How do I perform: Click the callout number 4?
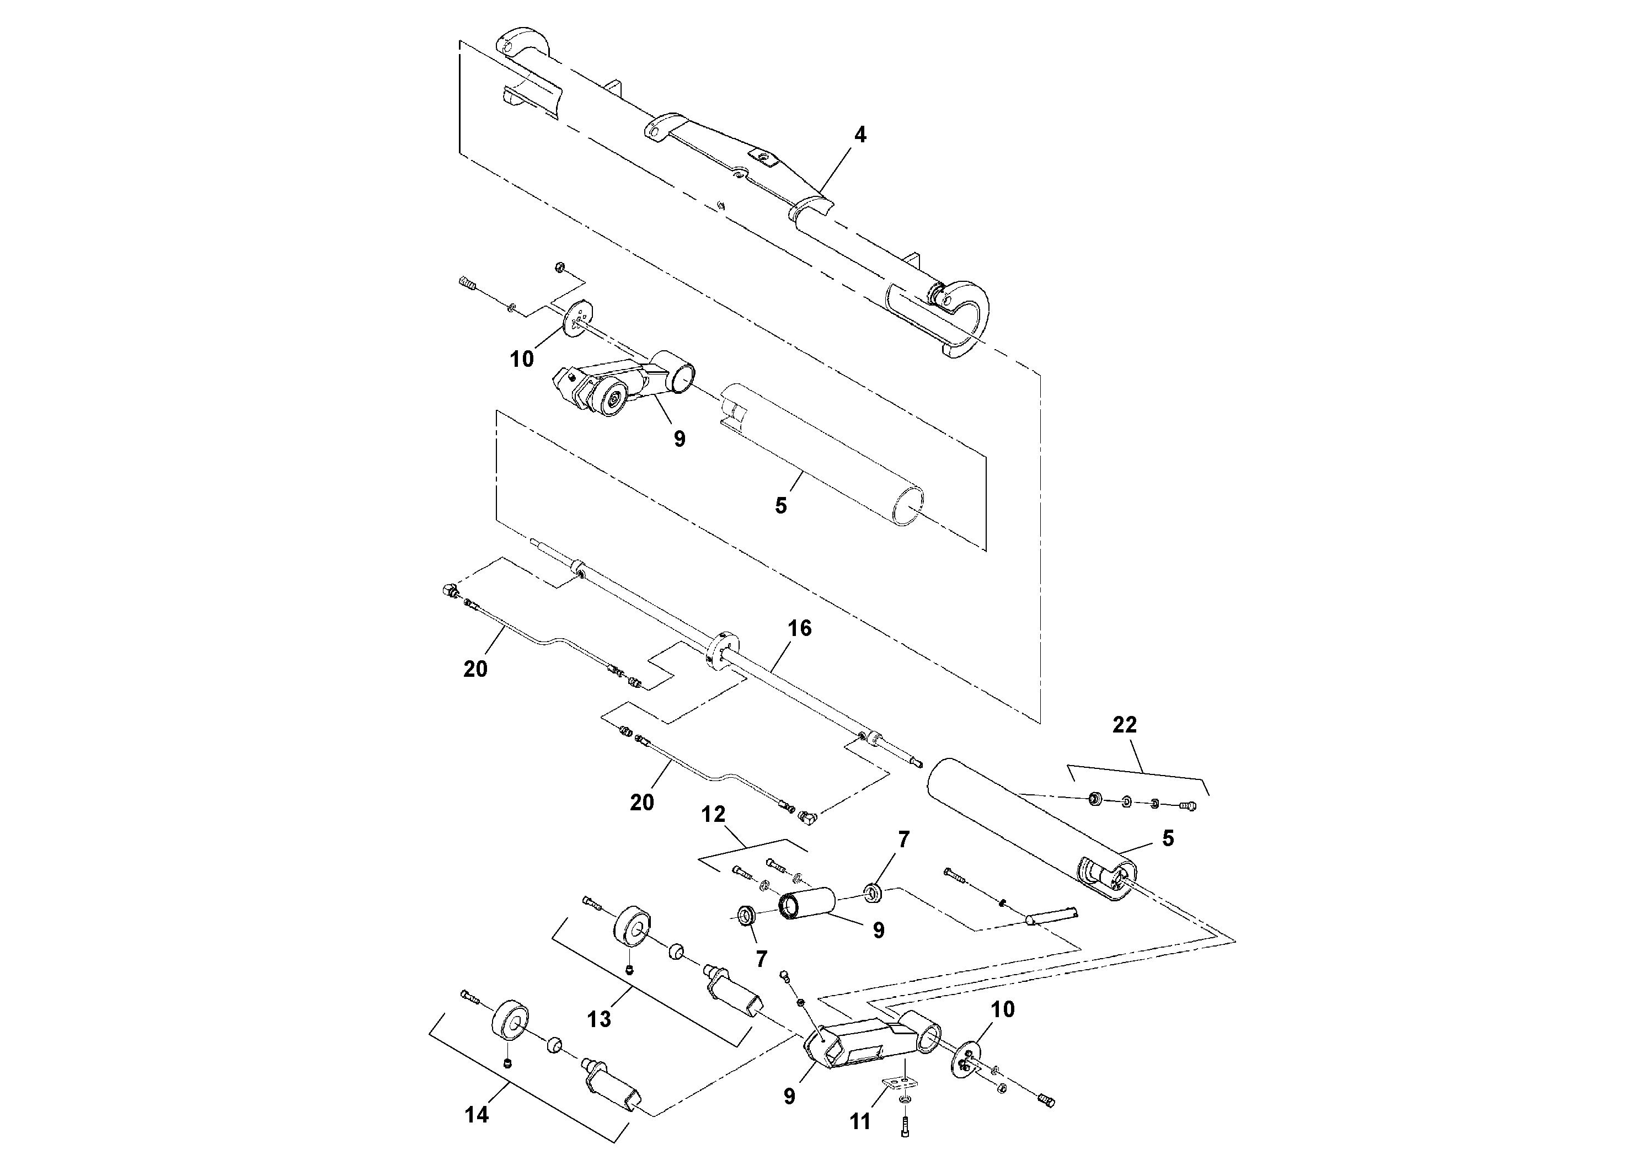click(860, 135)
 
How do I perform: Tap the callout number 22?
click(1124, 725)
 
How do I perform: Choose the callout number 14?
click(477, 1114)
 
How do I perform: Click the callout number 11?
click(860, 1121)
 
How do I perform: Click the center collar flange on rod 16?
click(723, 649)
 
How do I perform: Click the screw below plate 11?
click(905, 1130)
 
